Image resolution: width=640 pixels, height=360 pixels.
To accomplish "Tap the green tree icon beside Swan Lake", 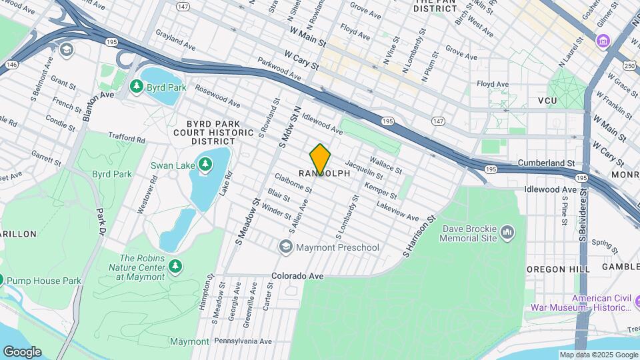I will [206, 163].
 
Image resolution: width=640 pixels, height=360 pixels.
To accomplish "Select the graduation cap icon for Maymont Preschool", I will [285, 247].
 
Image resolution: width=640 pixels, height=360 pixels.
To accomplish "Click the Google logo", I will [21, 351].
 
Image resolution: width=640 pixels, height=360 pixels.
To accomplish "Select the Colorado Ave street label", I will [297, 276].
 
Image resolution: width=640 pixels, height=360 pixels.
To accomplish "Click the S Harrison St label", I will [419, 237].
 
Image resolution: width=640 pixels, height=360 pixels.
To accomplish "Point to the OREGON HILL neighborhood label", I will [558, 268].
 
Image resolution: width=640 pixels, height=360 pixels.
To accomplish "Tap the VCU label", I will [547, 100].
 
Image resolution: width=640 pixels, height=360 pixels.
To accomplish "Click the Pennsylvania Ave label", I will [243, 341].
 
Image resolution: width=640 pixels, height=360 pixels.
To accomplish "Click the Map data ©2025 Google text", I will [598, 355].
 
